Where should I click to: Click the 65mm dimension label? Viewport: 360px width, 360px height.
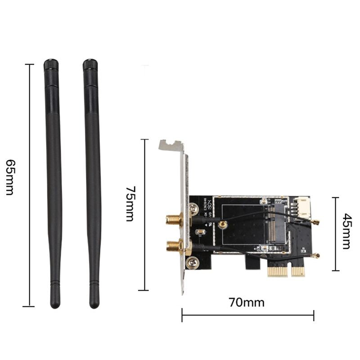[10, 177]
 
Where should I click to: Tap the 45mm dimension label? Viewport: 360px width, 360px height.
[346, 231]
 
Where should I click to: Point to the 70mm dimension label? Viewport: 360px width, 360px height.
[247, 302]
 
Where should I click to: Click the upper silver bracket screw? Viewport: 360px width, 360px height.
[194, 209]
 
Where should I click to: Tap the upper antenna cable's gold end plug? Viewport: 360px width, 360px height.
[316, 223]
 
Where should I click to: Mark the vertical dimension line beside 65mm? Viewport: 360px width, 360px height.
[30, 184]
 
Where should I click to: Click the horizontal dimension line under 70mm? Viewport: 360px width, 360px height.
[247, 315]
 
